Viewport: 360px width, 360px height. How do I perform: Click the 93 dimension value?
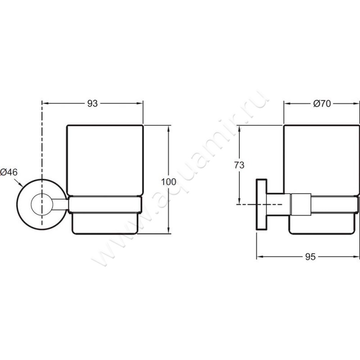point(93,104)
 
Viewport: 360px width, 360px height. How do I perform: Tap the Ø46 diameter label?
point(9,172)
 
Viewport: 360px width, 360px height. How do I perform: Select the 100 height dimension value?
point(168,182)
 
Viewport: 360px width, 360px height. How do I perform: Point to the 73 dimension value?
point(239,165)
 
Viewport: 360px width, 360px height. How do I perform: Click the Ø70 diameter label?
point(322,104)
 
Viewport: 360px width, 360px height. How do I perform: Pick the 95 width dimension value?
point(310,256)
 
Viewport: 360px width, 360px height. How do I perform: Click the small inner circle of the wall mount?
point(42,205)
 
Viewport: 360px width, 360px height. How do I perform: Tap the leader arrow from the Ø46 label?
point(18,183)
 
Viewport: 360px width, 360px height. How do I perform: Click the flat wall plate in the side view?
point(261,204)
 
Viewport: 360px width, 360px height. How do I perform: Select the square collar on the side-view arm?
point(301,205)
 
